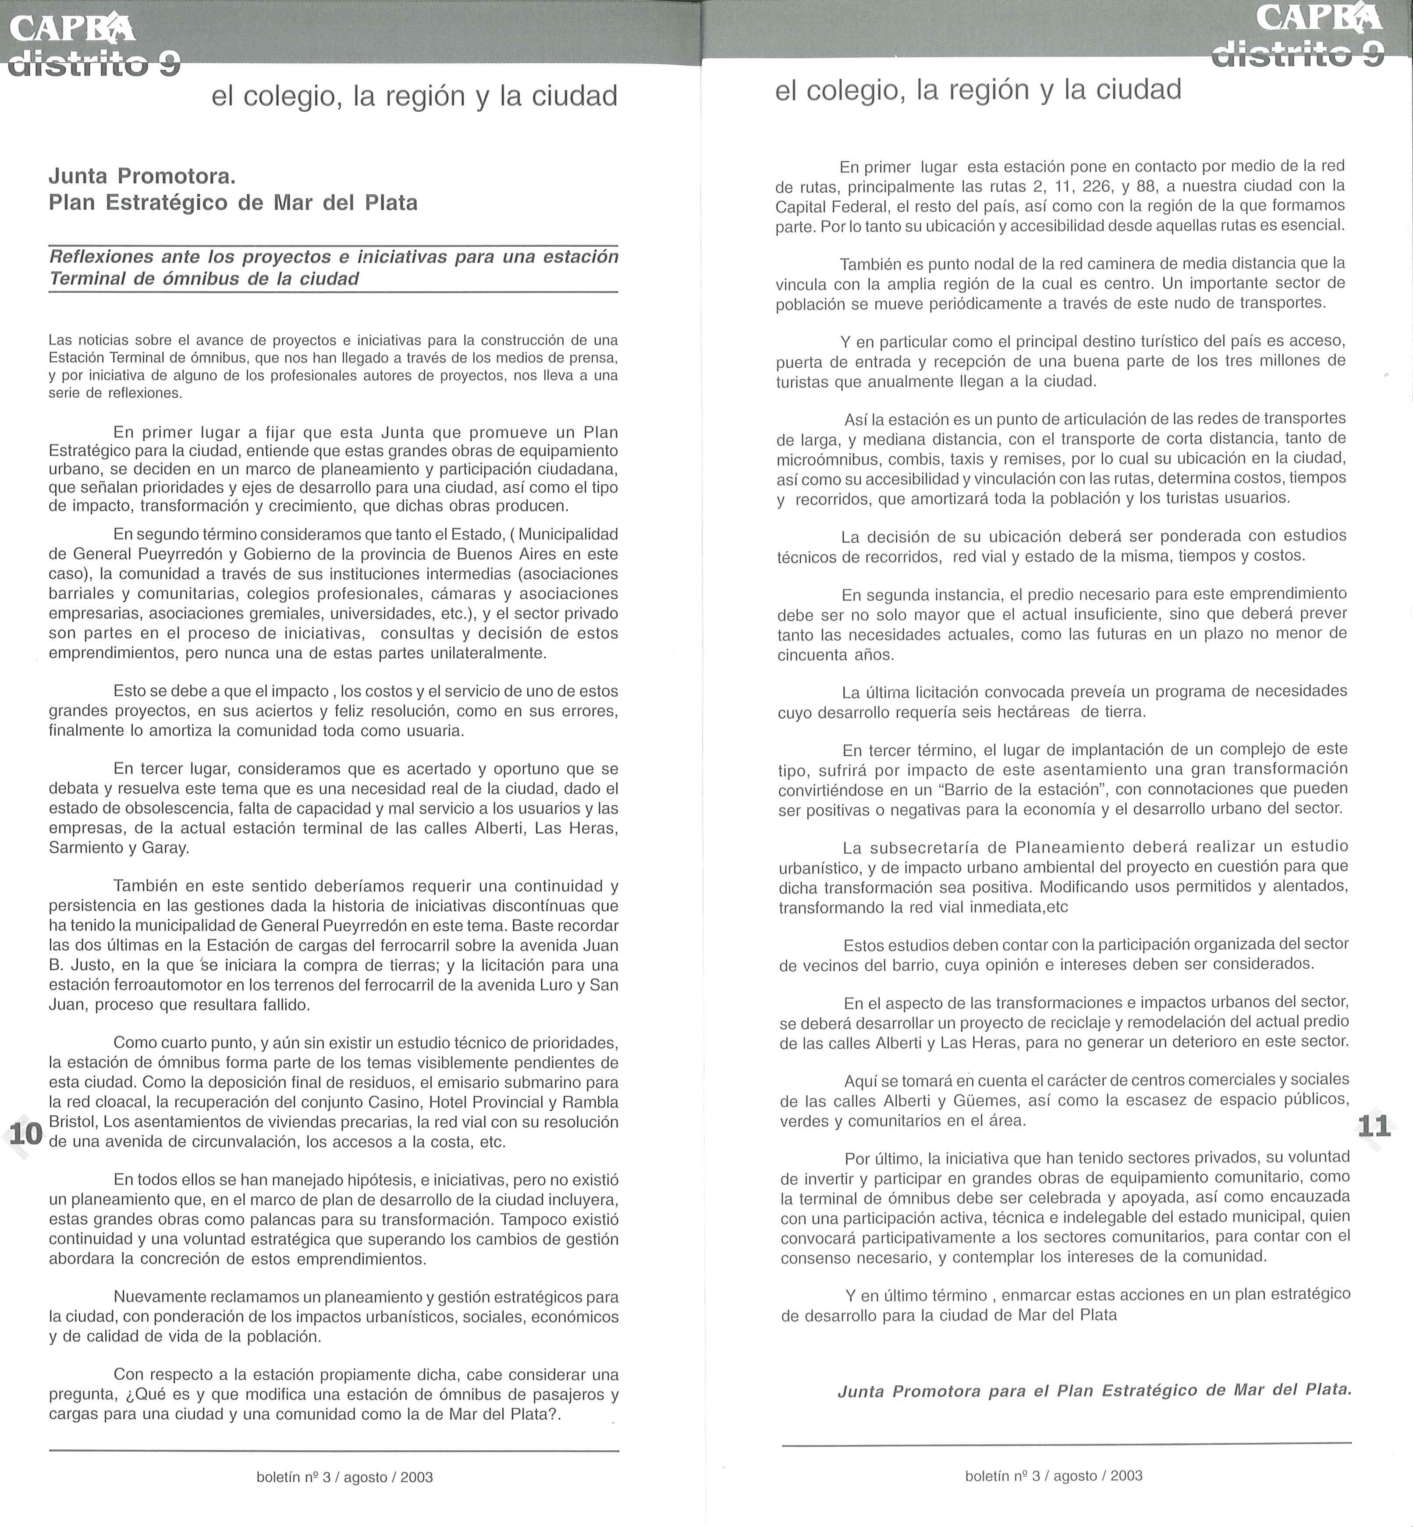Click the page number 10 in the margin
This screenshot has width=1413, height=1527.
(x=26, y=1133)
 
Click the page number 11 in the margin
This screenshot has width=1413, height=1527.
(x=1373, y=1126)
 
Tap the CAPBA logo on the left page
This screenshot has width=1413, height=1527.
(x=73, y=28)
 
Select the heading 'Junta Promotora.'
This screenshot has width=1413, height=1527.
(x=142, y=177)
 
